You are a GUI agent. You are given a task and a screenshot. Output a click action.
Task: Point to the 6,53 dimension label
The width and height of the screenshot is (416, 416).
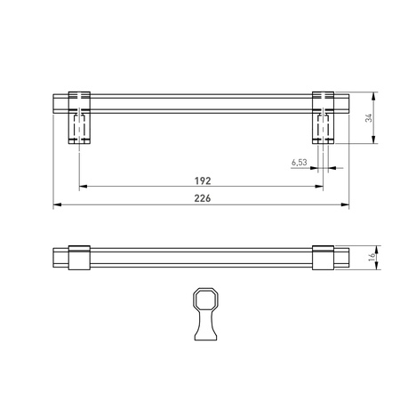click(299, 162)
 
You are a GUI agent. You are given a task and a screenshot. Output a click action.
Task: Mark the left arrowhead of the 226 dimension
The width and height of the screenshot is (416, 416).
click(57, 205)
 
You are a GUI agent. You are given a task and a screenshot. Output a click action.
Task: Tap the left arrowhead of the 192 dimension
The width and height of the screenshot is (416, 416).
click(83, 186)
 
